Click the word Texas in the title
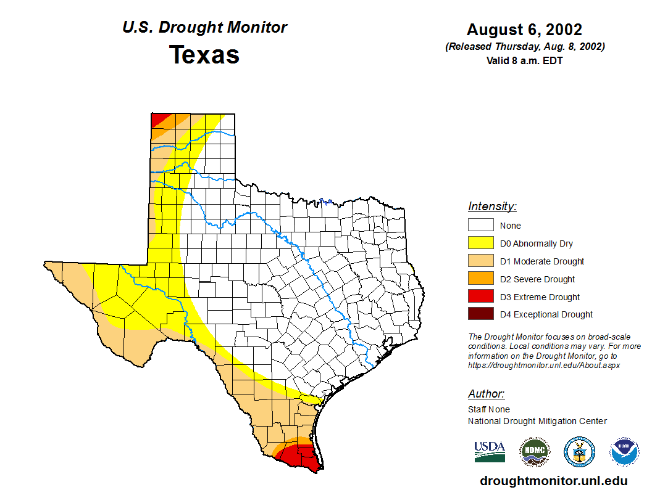(204, 55)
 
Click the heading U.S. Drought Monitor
(204, 28)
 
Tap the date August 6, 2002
(524, 30)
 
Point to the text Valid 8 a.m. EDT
(524, 60)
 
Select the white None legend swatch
(480, 226)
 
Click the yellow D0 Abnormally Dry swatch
(480, 243)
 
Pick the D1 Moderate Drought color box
(480, 261)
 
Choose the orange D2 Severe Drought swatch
(480, 279)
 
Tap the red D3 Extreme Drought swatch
(480, 296)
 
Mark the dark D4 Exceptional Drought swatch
(480, 314)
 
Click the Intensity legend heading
(492, 207)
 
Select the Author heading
(486, 394)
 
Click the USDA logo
(490, 451)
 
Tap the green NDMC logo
(534, 452)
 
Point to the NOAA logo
(624, 452)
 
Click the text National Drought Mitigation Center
(537, 421)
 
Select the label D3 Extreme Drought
(540, 297)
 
